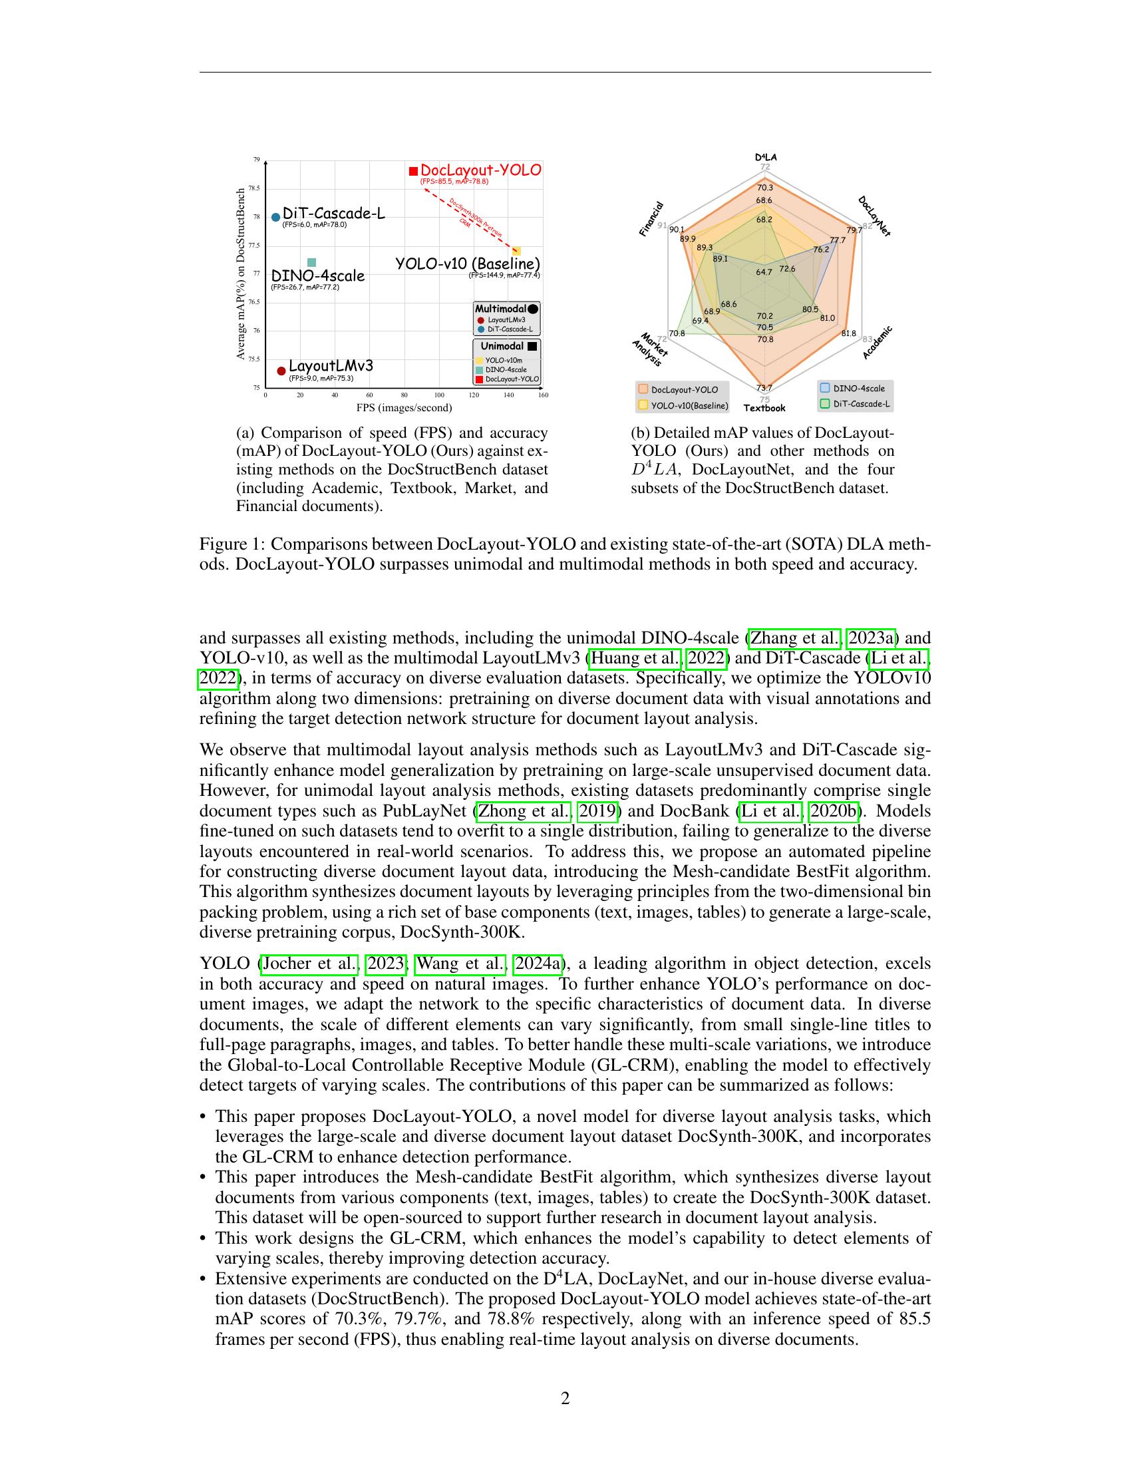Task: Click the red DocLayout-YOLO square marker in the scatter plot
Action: (413, 172)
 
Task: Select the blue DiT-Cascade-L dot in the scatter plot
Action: (275, 217)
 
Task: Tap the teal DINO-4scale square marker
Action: (311, 263)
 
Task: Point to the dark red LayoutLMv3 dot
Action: (281, 371)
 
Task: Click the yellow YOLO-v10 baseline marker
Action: (516, 250)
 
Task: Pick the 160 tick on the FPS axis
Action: (543, 395)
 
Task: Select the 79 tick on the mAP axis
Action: (256, 160)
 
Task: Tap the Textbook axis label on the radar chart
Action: (764, 408)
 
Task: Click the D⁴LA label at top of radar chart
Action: (765, 157)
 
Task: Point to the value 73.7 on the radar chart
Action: (764, 387)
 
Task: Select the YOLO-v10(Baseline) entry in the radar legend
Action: (683, 405)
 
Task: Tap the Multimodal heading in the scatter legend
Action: (500, 309)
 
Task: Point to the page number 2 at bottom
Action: (565, 1398)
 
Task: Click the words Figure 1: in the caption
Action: (232, 544)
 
